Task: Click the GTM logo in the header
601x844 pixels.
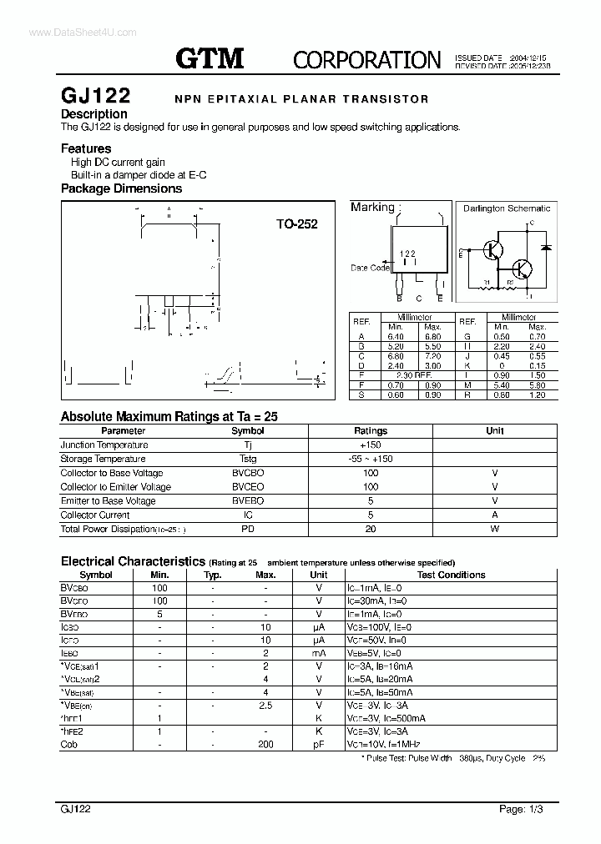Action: pyautogui.click(x=210, y=58)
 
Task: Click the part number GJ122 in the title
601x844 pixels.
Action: pyautogui.click(x=93, y=96)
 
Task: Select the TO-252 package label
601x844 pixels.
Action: pyautogui.click(x=297, y=224)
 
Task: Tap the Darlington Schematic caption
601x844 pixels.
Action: pyautogui.click(x=507, y=208)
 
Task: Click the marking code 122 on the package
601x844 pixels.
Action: pyautogui.click(x=407, y=254)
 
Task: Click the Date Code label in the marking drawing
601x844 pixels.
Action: pyautogui.click(x=370, y=268)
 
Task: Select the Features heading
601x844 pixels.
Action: pyautogui.click(x=86, y=148)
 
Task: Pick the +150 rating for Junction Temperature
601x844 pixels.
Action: pyautogui.click(x=371, y=445)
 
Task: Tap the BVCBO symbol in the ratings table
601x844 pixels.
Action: pyautogui.click(x=247, y=473)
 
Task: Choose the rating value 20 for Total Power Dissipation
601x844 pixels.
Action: pyautogui.click(x=371, y=529)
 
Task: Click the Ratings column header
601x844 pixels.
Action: pyautogui.click(x=371, y=430)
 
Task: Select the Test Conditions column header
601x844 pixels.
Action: pyautogui.click(x=451, y=575)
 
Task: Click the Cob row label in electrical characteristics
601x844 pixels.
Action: pyautogui.click(x=69, y=744)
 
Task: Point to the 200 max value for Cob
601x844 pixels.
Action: pyautogui.click(x=265, y=744)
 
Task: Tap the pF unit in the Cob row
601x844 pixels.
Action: pyautogui.click(x=319, y=744)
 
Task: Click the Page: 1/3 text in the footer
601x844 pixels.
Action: pyautogui.click(x=526, y=809)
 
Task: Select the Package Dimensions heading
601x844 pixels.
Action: pyautogui.click(x=121, y=188)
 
